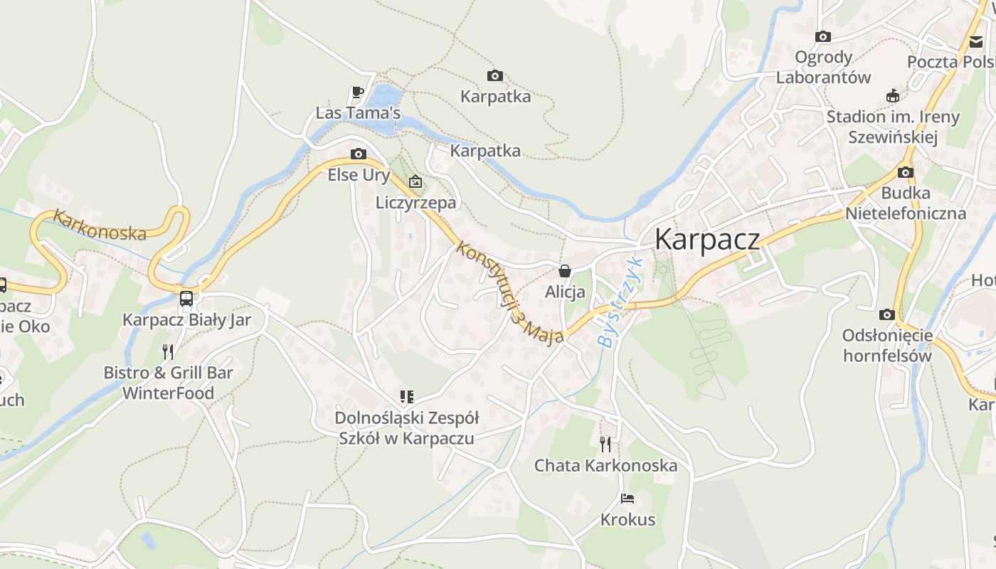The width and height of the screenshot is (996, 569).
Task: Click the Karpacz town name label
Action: (x=706, y=240)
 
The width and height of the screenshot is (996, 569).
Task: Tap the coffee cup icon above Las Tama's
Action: (x=358, y=92)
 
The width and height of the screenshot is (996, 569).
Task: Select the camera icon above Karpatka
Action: (x=495, y=75)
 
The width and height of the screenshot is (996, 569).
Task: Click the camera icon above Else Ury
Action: (x=359, y=154)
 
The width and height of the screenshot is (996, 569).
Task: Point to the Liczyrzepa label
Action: (x=415, y=203)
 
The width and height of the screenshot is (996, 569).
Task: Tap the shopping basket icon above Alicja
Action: (x=565, y=271)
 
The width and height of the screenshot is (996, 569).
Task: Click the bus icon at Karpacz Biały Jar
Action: (x=186, y=299)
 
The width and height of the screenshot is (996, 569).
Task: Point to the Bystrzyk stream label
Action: (x=620, y=302)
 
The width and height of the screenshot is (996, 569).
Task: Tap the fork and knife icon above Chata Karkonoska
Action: (x=605, y=445)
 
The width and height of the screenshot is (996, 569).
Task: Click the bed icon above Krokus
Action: (x=627, y=499)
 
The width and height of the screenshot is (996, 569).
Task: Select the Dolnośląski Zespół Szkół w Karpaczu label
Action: (x=407, y=428)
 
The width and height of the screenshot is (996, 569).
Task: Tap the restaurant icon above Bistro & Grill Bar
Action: (x=168, y=351)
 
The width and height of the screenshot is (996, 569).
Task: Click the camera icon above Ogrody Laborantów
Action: (x=823, y=36)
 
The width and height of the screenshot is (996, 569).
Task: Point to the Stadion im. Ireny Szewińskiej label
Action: (x=893, y=127)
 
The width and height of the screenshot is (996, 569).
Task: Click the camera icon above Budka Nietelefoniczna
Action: (x=906, y=172)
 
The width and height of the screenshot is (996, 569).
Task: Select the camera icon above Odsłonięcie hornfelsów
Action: (x=886, y=314)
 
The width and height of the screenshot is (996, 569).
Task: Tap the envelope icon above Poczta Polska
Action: (x=975, y=41)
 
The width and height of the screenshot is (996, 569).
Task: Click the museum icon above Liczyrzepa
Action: (x=415, y=182)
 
